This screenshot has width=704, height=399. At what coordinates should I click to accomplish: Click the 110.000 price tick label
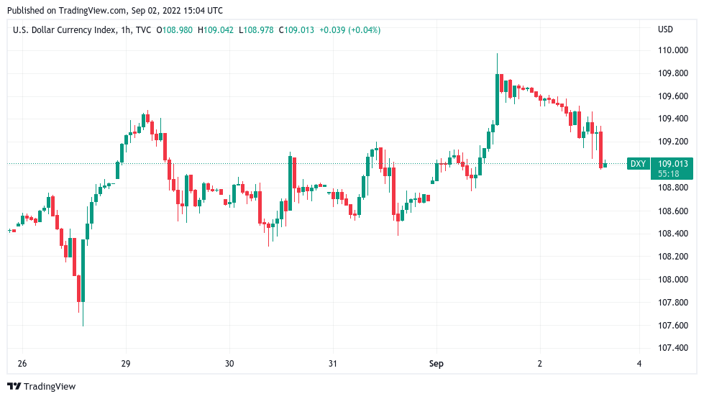[x=673, y=50]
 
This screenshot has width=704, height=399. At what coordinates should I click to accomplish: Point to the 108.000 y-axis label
[x=673, y=279]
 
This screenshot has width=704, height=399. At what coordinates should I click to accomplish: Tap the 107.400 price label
[x=673, y=348]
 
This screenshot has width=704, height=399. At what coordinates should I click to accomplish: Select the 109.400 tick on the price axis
[x=673, y=119]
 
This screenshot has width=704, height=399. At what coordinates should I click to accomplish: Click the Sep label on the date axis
[x=436, y=364]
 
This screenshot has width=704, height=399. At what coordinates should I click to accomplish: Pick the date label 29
[x=126, y=364]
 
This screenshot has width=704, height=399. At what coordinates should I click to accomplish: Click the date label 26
[x=22, y=364]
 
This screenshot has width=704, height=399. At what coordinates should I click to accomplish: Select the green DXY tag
[x=638, y=164]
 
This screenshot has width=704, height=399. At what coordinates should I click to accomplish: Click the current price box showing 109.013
[x=672, y=164]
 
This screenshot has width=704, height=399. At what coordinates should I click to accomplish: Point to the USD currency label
[x=665, y=29]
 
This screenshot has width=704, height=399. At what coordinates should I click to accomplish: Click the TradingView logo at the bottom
[x=41, y=386]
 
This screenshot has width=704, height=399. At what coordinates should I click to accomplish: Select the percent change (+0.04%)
[x=364, y=29]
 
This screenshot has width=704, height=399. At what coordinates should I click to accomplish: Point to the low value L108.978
[x=255, y=29]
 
